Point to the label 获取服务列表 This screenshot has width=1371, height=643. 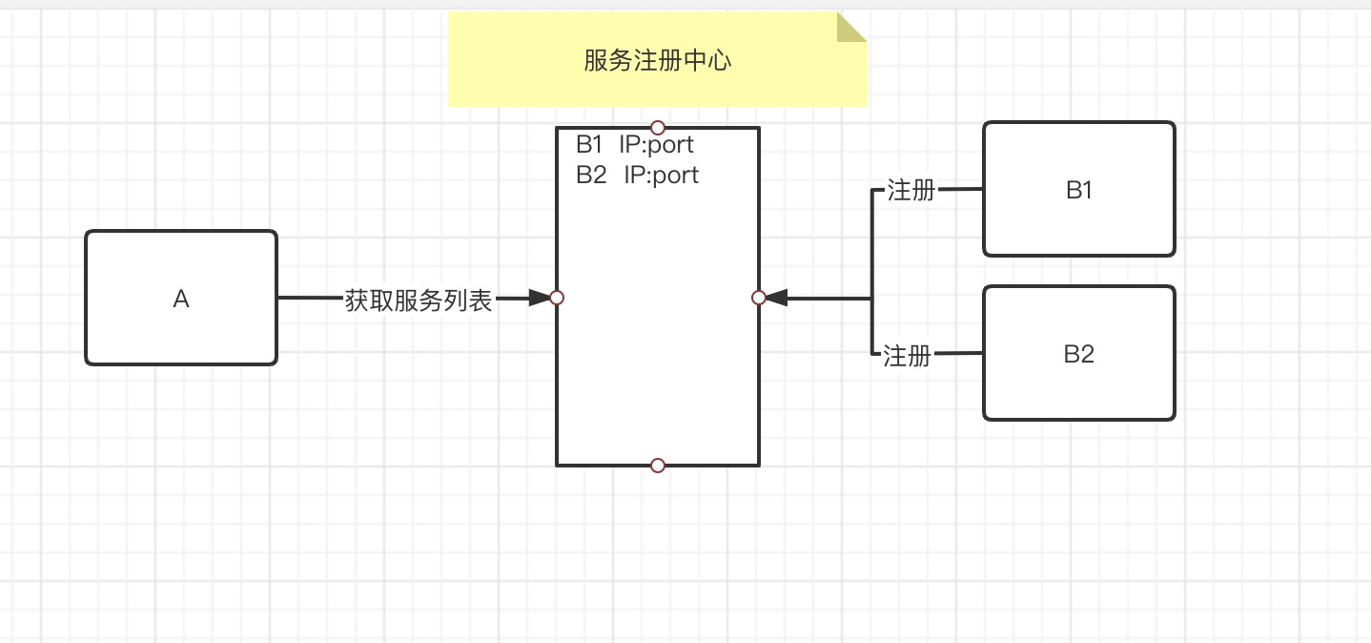tap(419, 301)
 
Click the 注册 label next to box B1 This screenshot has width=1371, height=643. tap(911, 191)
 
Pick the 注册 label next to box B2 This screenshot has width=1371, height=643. tap(907, 357)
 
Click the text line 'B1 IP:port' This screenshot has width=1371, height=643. tap(635, 145)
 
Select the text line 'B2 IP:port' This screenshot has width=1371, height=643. tap(637, 175)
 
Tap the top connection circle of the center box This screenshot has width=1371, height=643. tap(657, 128)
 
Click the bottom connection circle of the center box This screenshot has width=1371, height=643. tap(657, 466)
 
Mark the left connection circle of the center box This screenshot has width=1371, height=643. tap(558, 298)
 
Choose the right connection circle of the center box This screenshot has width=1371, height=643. tap(759, 298)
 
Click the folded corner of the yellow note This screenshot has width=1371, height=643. tap(850, 28)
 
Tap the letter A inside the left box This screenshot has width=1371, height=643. tap(181, 300)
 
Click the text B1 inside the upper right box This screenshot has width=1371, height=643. tap(1079, 190)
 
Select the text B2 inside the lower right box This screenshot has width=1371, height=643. tap(1078, 355)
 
